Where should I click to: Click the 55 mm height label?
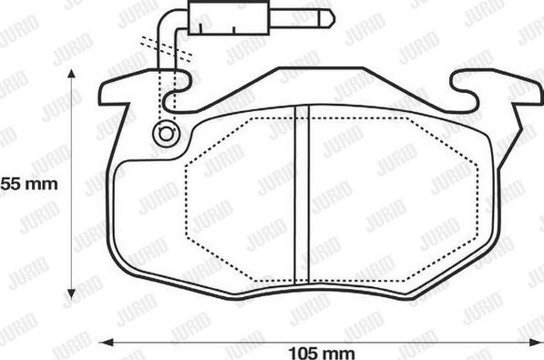click(28, 183)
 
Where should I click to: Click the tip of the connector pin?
click(331, 17)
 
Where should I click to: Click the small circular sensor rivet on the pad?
click(165, 133)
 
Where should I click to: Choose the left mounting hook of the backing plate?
click(123, 91)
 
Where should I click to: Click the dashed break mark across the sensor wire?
click(166, 48)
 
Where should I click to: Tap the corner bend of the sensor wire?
click(166, 19)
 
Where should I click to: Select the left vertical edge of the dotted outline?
click(187, 199)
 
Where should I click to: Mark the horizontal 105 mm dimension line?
click(228, 342)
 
